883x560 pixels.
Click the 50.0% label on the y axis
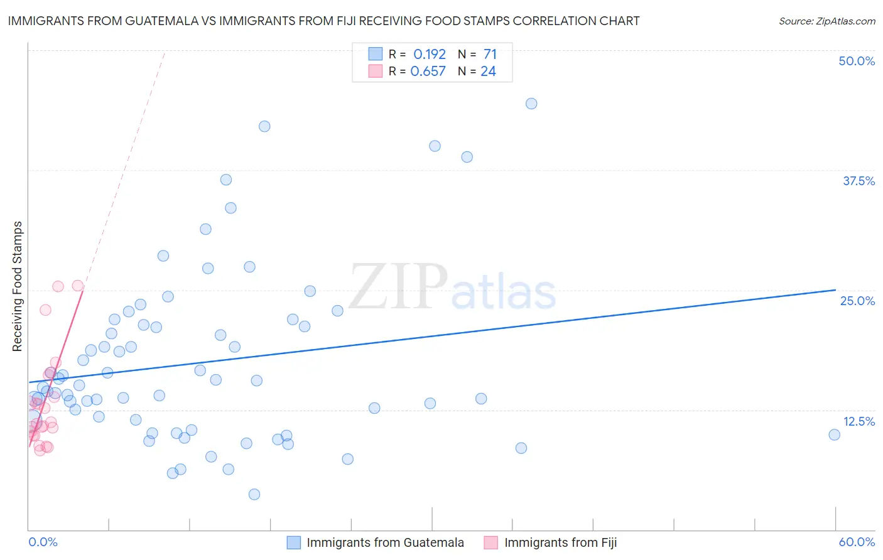click(x=857, y=61)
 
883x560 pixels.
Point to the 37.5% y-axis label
click(x=859, y=181)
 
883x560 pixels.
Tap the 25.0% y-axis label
click(x=857, y=301)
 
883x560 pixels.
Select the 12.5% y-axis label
click(x=859, y=421)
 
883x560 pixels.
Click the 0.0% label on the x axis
click(x=43, y=542)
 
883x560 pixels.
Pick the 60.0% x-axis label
click(x=857, y=542)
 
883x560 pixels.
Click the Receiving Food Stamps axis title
click(x=18, y=286)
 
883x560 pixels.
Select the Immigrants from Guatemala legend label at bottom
click(x=385, y=542)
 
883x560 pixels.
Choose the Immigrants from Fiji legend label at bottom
click(x=560, y=542)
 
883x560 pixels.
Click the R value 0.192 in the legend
click(x=430, y=54)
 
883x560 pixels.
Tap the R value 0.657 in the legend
click(x=428, y=72)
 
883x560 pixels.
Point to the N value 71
click(x=490, y=54)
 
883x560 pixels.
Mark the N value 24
click(x=488, y=72)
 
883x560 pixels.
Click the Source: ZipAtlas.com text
click(x=826, y=21)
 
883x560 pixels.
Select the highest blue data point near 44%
click(x=531, y=104)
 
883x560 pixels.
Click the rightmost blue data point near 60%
click(x=834, y=434)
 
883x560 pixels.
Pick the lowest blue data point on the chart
click(x=254, y=494)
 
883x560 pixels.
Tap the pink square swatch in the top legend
click(x=376, y=71)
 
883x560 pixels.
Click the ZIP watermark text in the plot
click(x=398, y=288)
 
